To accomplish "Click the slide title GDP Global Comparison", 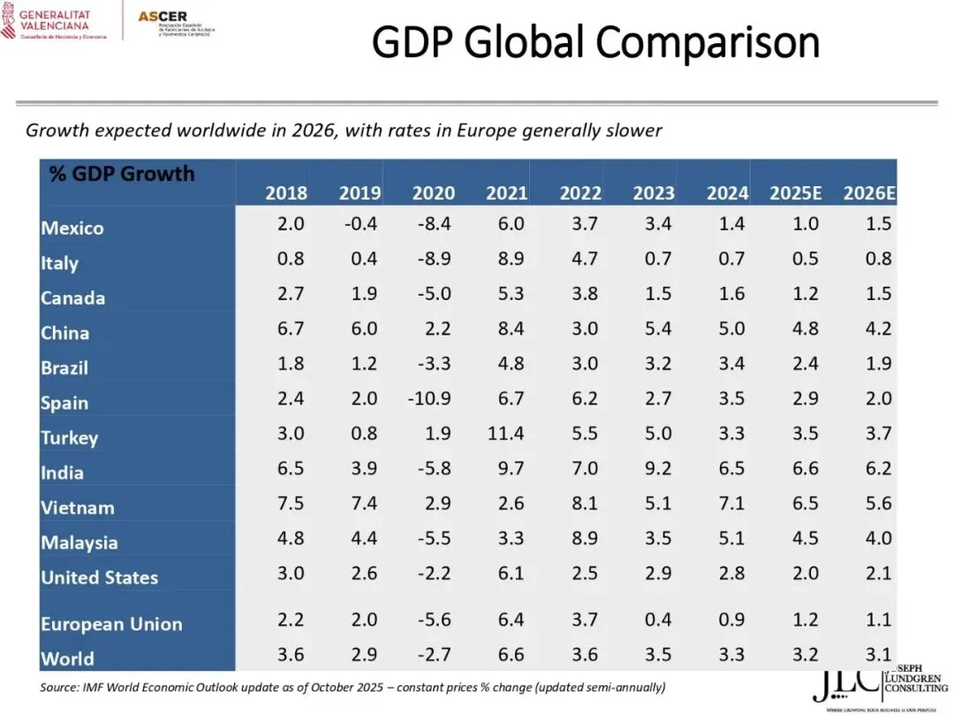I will [x=594, y=41].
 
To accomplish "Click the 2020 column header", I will [x=434, y=193].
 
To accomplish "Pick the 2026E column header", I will [x=867, y=193].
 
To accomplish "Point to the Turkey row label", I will [x=69, y=438].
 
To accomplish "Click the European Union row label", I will [x=111, y=624].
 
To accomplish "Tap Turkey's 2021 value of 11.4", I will [x=504, y=433].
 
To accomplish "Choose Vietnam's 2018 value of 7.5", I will [x=290, y=504].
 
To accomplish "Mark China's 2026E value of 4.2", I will [x=878, y=328].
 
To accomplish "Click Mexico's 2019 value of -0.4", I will [x=360, y=223].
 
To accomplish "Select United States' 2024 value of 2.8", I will [x=731, y=574].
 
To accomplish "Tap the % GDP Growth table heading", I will [x=122, y=173].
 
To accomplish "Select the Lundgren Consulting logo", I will [x=878, y=685].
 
